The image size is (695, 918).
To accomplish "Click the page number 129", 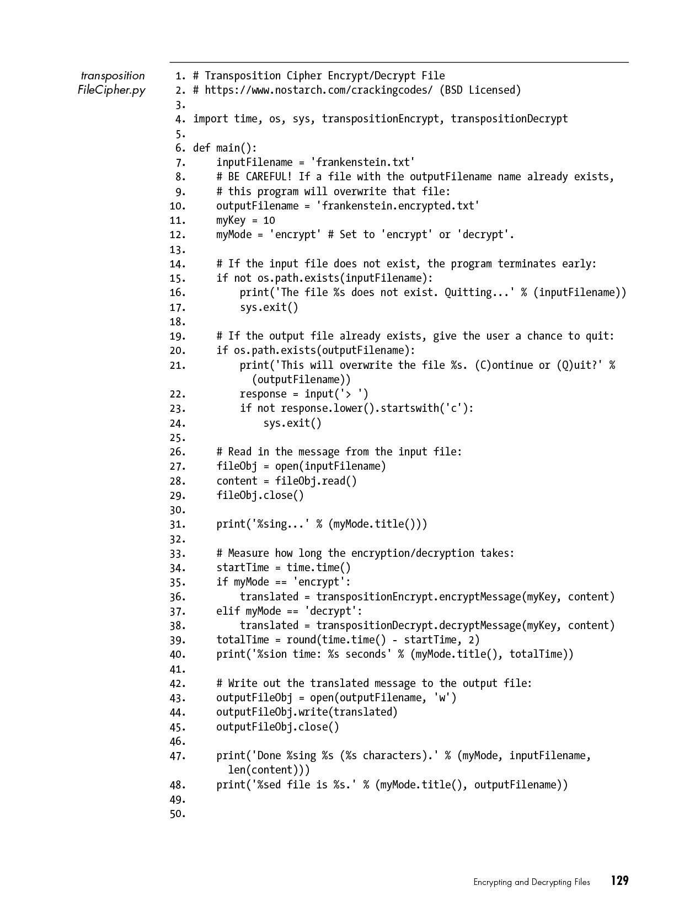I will (x=619, y=881).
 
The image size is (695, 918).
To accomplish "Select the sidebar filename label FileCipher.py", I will (x=112, y=90).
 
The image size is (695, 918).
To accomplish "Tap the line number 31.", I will (x=178, y=525).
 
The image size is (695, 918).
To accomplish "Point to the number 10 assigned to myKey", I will (x=269, y=221).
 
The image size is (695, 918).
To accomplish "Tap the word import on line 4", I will (x=211, y=119).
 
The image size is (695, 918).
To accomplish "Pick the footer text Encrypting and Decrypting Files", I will (x=531, y=882).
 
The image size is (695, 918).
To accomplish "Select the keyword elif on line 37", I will (x=228, y=611).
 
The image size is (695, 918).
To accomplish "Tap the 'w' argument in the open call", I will (x=442, y=698).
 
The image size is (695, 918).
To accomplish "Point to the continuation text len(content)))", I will (x=269, y=770).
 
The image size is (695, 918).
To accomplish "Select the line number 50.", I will (x=178, y=814).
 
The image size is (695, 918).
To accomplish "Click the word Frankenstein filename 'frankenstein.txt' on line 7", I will (x=362, y=163).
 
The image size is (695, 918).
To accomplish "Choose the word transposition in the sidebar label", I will (x=113, y=76).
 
